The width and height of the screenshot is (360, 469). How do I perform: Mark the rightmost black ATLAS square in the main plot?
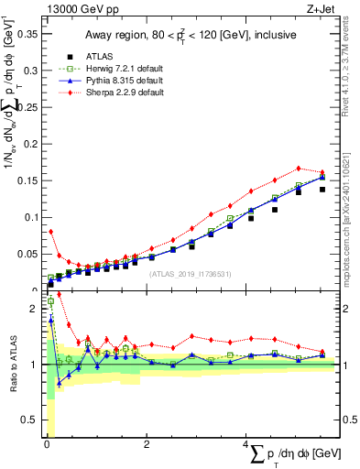pyautogui.click(x=322, y=190)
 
